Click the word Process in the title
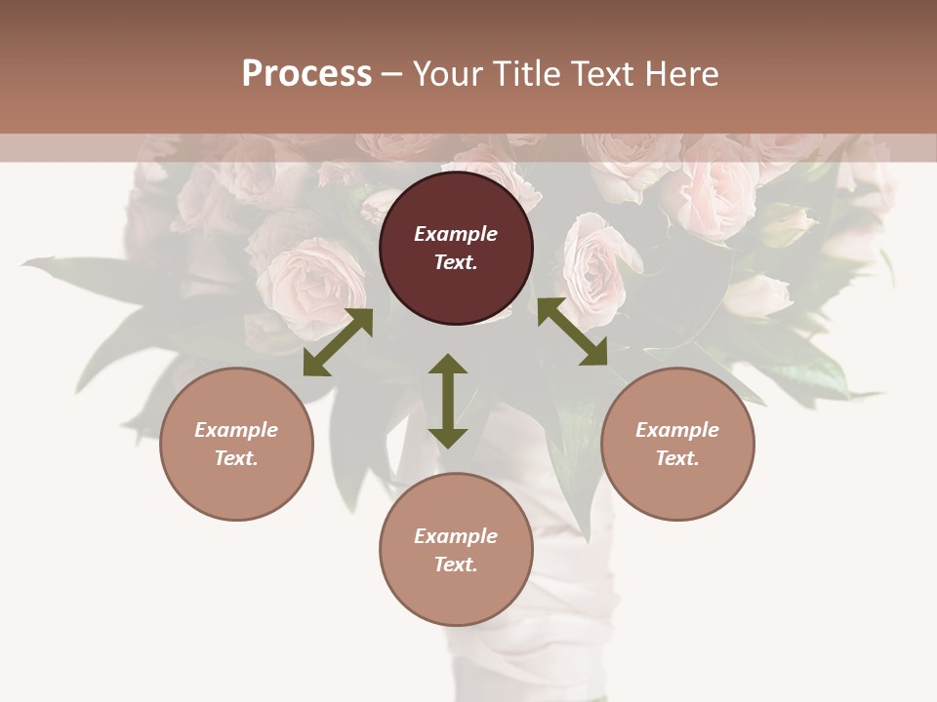(x=306, y=74)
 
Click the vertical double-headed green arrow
(x=448, y=402)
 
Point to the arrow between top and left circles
(x=338, y=341)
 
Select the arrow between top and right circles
(x=572, y=331)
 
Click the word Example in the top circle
(x=456, y=234)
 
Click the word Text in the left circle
(x=236, y=458)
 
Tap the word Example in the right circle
(x=677, y=430)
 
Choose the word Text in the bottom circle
(x=456, y=565)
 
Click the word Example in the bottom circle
(x=456, y=536)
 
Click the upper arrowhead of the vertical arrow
(x=448, y=364)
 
